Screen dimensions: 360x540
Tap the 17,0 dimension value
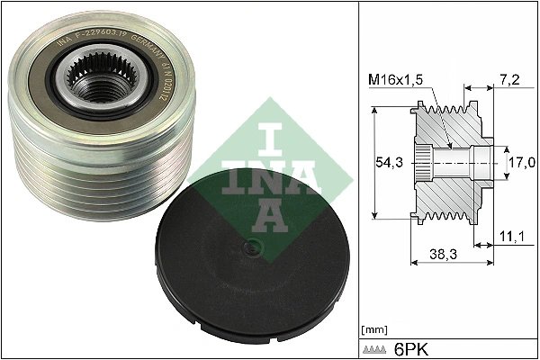pos(522,162)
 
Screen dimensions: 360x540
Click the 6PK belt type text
pos(413,346)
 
